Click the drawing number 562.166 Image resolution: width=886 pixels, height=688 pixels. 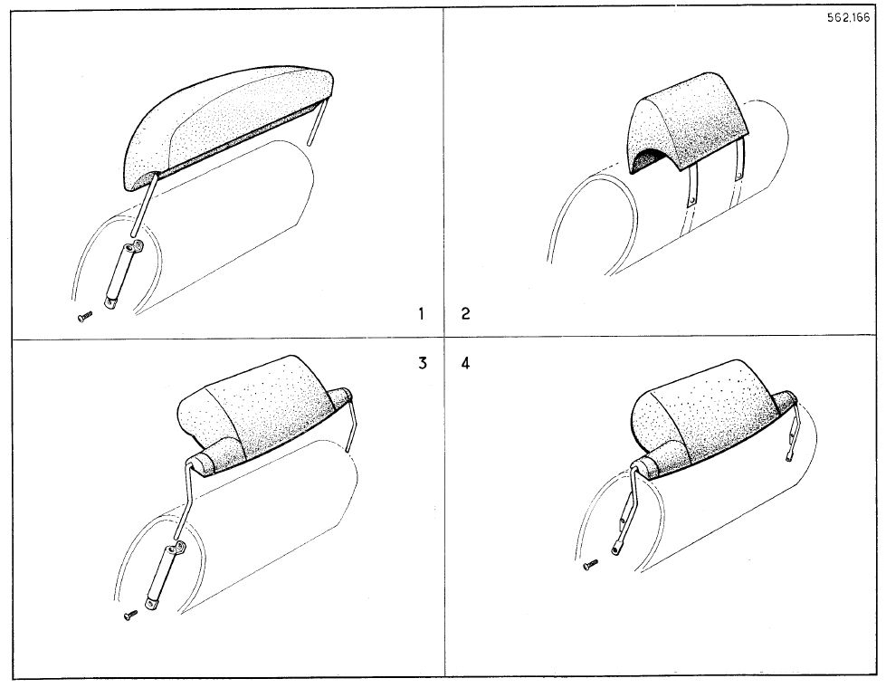[x=848, y=17]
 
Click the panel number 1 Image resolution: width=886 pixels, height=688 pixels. [x=421, y=313]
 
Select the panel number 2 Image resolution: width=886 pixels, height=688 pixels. [x=465, y=313]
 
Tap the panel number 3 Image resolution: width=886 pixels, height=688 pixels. [x=423, y=363]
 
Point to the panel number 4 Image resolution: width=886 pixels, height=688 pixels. [x=465, y=363]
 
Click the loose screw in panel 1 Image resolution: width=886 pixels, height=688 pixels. [x=85, y=317]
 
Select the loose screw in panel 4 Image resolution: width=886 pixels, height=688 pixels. [x=590, y=564]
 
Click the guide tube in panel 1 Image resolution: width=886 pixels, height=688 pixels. [x=122, y=275]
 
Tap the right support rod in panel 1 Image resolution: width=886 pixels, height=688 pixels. [x=318, y=121]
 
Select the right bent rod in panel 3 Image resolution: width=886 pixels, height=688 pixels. [x=351, y=424]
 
